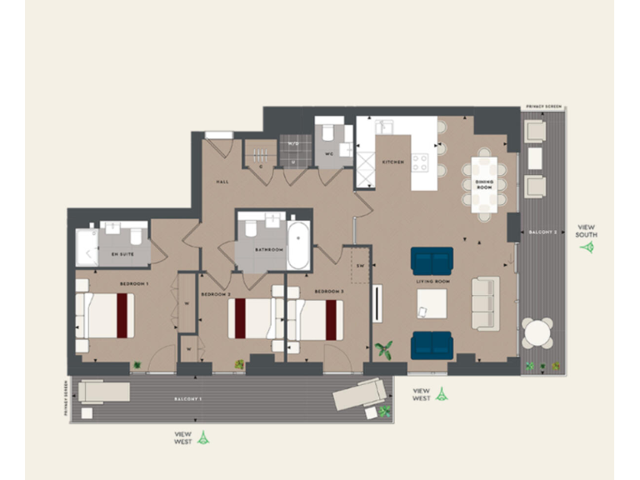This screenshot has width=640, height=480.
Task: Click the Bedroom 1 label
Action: pos(134,285)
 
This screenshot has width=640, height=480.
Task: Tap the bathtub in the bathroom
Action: pos(297,244)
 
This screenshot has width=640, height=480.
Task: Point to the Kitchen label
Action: pos(393,162)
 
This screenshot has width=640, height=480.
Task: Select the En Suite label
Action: pos(122,253)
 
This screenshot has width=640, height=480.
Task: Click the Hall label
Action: pos(222,181)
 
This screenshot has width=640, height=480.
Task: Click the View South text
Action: pos(587,231)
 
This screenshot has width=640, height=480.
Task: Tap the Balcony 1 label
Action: pos(188,401)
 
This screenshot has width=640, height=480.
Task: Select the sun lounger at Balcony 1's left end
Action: pos(103,392)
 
